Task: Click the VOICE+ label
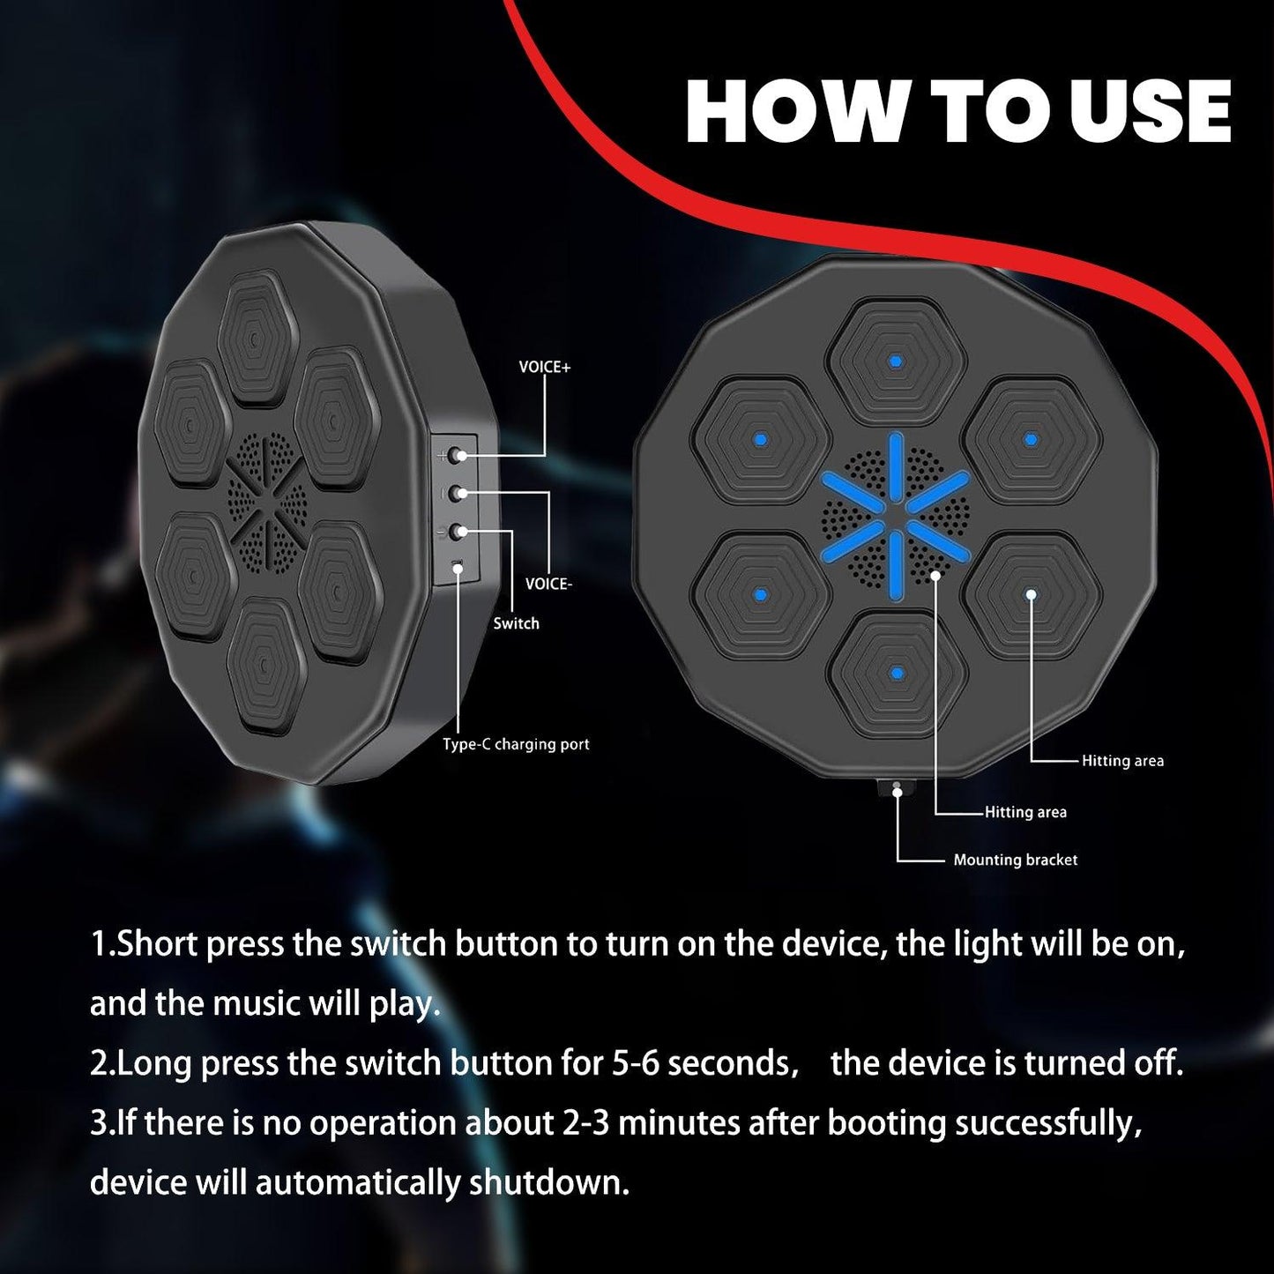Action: (x=544, y=367)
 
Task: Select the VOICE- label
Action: (x=548, y=584)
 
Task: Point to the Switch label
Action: (x=517, y=623)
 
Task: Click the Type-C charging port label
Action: (x=517, y=744)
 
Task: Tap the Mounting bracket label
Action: (x=1016, y=861)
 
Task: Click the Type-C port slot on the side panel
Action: (x=457, y=565)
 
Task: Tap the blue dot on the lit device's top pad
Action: (x=896, y=361)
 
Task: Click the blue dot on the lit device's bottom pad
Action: (x=897, y=674)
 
